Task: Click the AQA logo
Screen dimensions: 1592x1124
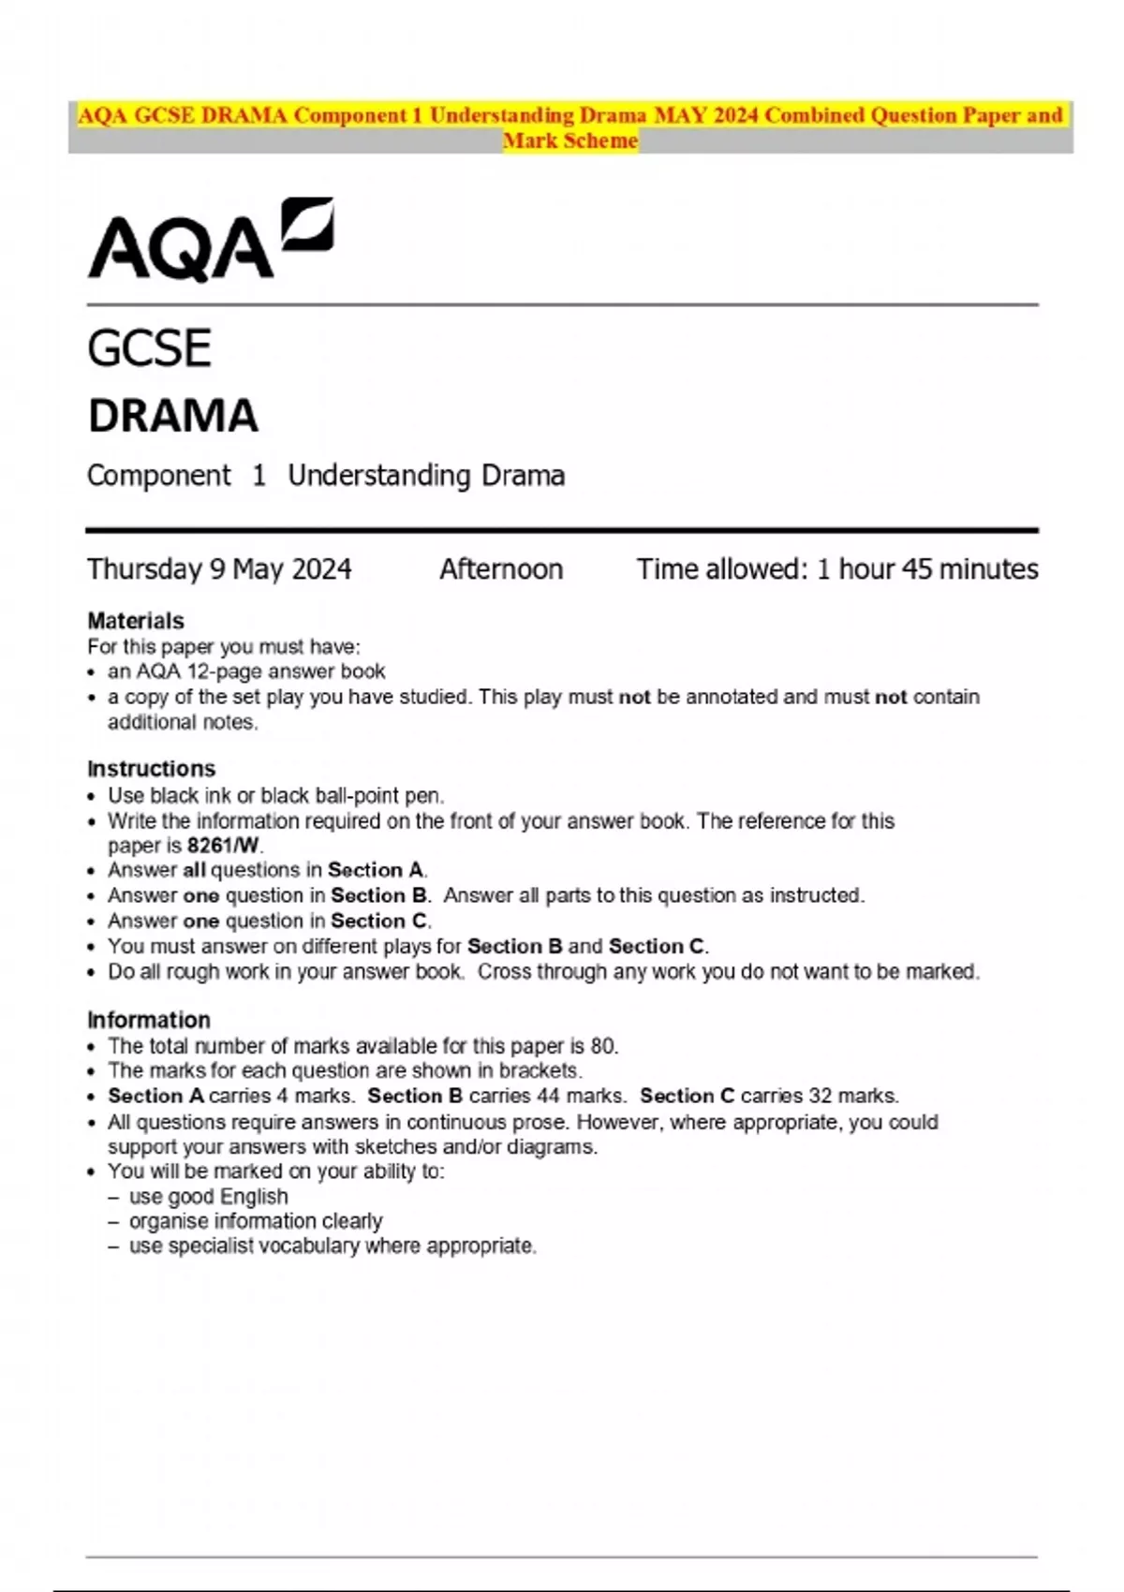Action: pyautogui.click(x=210, y=240)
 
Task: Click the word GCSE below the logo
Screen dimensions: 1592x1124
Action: pyautogui.click(x=149, y=348)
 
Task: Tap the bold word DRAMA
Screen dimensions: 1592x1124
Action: pyautogui.click(x=172, y=416)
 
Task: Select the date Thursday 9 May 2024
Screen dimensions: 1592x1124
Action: pyautogui.click(x=219, y=569)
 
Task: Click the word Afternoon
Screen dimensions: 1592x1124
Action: pyautogui.click(x=501, y=569)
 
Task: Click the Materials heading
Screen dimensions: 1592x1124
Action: pyautogui.click(x=135, y=621)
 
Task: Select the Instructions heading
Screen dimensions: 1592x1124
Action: pyautogui.click(x=151, y=769)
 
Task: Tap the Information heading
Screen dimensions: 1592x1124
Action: pyautogui.click(x=148, y=1020)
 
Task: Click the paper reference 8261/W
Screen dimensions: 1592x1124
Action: pyautogui.click(x=223, y=846)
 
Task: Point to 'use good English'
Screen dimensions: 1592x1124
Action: pyautogui.click(x=208, y=1197)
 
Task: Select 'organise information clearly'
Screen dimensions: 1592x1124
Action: pyautogui.click(x=256, y=1221)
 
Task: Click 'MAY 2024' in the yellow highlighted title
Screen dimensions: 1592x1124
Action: pyautogui.click(x=706, y=115)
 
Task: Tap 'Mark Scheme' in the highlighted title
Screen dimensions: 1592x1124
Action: pyautogui.click(x=570, y=140)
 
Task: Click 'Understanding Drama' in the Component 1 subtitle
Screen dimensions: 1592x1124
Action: pyautogui.click(x=426, y=476)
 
